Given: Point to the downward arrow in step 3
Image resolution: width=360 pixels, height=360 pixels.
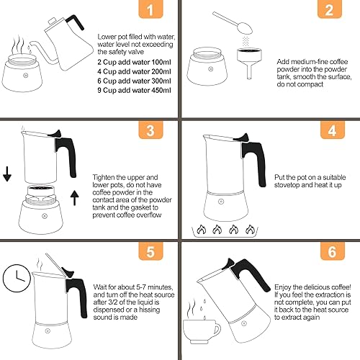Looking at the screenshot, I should click(8, 174).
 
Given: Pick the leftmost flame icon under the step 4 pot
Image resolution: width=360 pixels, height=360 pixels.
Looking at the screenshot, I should click(200, 230).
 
